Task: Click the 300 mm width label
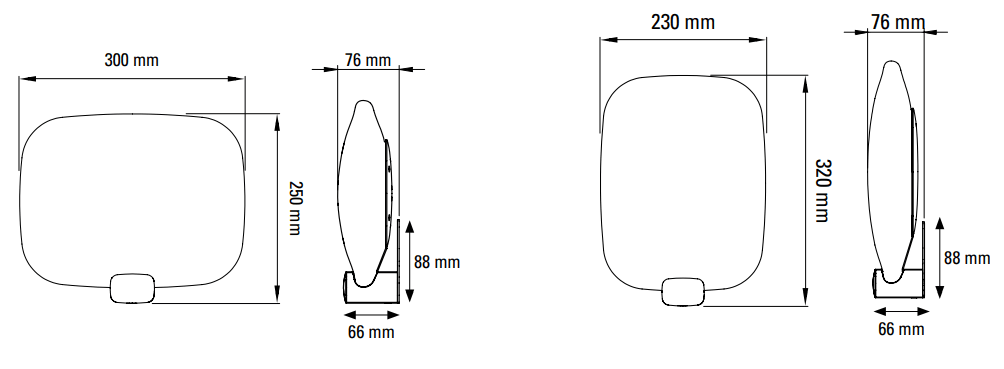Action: [x=131, y=60]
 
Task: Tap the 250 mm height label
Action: [x=294, y=208]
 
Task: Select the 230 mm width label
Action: [x=683, y=22]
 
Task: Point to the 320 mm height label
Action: [x=823, y=190]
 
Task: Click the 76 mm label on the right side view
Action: [x=898, y=22]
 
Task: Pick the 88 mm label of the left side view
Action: [x=437, y=262]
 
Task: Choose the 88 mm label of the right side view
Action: [x=967, y=258]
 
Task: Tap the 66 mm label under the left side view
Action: [x=371, y=332]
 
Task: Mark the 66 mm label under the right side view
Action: [x=901, y=329]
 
